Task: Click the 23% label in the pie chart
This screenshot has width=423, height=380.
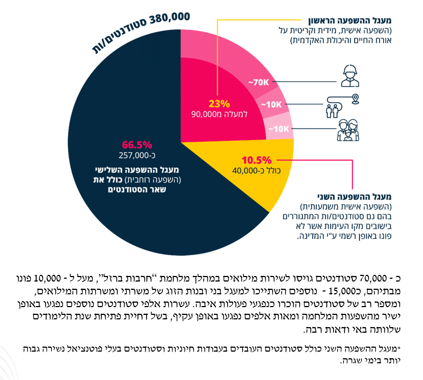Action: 219,103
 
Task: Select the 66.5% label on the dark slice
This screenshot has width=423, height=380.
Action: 137,145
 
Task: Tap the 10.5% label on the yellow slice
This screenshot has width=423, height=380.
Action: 256,160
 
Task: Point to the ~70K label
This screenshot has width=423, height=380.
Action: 259,82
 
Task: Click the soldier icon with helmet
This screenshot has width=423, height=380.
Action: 350,76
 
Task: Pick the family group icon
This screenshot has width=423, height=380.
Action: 348,130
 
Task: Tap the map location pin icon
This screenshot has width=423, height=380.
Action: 356,99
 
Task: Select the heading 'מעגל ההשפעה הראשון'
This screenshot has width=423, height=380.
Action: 350,21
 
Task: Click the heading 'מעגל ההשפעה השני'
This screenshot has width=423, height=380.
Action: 354,196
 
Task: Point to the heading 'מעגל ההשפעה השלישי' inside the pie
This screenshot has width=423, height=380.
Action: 137,170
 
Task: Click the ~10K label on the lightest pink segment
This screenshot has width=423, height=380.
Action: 279,129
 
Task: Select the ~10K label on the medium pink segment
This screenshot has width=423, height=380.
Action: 272,105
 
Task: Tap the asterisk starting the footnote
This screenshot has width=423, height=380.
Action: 399,347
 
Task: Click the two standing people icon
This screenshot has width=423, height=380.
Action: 332,111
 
